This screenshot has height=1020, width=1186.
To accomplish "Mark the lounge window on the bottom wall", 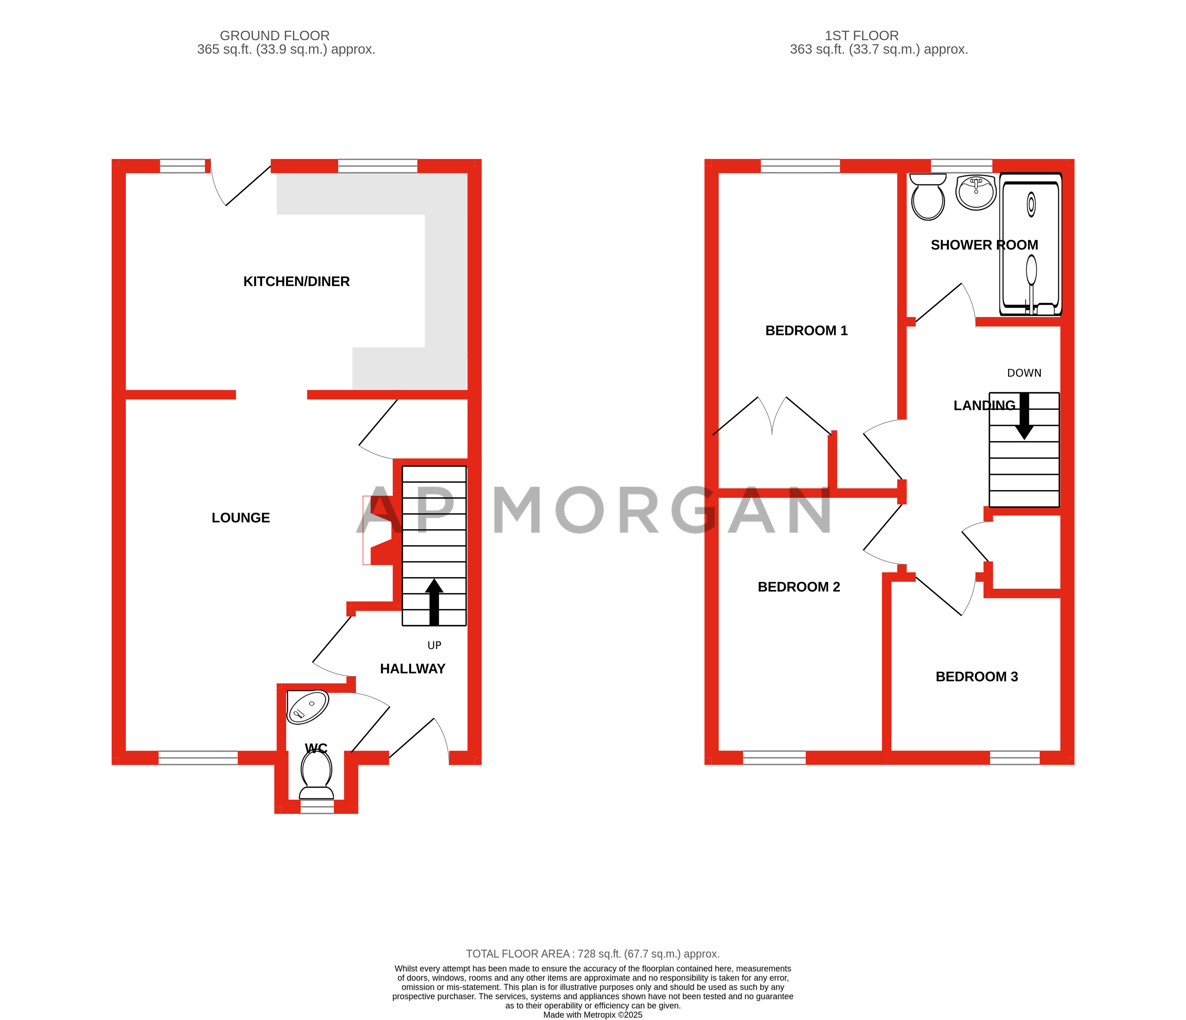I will coord(198,758).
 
